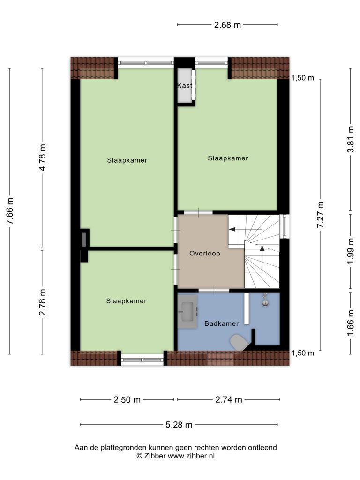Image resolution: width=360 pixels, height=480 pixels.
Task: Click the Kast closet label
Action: (185, 85)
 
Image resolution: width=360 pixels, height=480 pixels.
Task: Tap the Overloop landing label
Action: (205, 254)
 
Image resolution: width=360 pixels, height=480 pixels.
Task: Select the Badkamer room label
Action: (221, 323)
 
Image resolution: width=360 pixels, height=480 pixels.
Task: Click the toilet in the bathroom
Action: (239, 342)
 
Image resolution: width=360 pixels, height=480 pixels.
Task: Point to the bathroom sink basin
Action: (187, 312)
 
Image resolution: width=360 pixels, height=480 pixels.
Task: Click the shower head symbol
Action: (265, 300)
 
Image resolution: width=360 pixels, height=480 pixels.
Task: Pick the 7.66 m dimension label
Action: (10, 211)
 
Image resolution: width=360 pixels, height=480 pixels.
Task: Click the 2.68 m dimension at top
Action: (227, 25)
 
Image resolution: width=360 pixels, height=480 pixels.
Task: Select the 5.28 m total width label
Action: (179, 425)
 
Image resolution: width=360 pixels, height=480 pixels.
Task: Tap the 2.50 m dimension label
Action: (127, 399)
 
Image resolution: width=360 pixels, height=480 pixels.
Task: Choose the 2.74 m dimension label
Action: (229, 399)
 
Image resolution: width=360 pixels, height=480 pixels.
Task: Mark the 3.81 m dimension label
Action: (351, 139)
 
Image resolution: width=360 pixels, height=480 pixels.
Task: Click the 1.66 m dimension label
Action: (351, 322)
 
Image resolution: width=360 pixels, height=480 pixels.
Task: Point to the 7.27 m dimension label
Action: (320, 214)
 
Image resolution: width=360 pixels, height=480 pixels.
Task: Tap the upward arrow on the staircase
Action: (262, 248)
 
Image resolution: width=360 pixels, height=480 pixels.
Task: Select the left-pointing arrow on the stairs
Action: (232, 229)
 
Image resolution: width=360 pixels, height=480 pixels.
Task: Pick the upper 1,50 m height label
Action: (302, 78)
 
